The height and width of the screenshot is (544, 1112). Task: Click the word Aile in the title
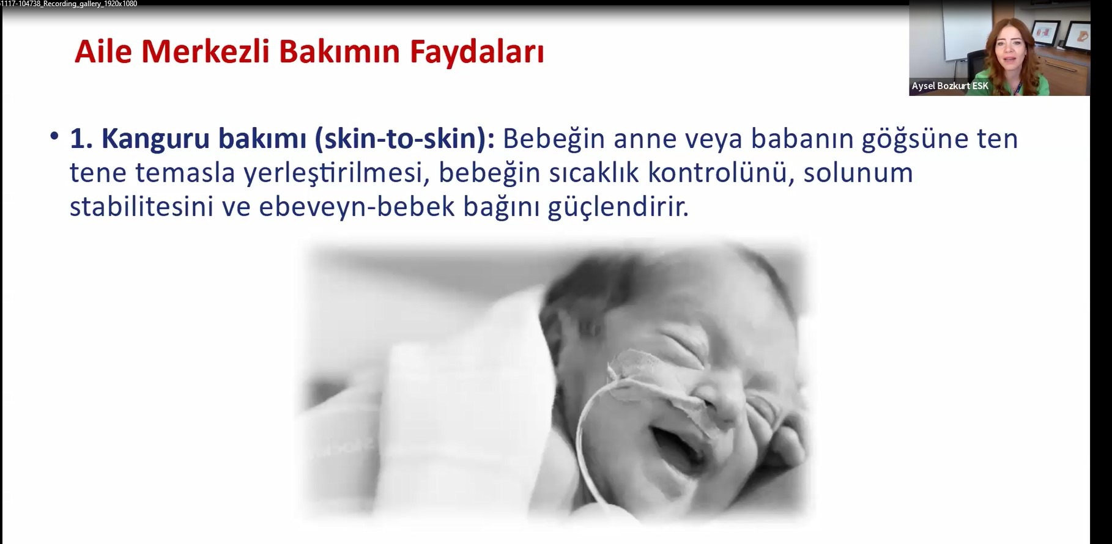point(103,51)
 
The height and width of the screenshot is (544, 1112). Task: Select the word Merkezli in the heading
point(206,51)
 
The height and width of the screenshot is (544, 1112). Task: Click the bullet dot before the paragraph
point(55,136)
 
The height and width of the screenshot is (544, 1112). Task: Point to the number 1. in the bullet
point(80,139)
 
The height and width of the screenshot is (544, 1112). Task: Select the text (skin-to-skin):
point(404,139)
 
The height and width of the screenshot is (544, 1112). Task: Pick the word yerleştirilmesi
point(333,174)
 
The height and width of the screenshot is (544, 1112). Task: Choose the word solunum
point(858,174)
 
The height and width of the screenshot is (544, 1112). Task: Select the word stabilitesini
point(141,207)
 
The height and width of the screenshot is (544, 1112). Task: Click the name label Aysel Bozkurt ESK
point(950,86)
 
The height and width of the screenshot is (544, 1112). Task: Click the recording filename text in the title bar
point(69,4)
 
